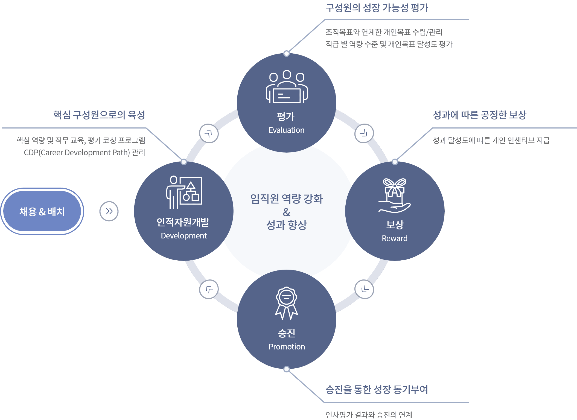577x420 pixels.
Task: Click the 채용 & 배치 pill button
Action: point(42,211)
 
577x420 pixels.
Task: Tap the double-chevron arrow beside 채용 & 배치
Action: point(109,211)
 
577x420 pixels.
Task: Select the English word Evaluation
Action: point(286,130)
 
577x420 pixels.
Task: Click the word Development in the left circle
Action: point(184,236)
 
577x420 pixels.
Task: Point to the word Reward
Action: point(395,238)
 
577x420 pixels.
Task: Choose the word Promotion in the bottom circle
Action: point(287,347)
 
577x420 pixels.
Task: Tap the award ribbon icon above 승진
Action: point(287,303)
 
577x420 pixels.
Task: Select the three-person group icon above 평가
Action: point(287,87)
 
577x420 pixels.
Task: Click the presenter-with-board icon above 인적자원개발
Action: point(184,192)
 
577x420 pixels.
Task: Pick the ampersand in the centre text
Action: point(287,212)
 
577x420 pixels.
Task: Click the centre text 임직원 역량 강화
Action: point(287,199)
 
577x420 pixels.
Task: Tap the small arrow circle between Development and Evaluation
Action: point(209,133)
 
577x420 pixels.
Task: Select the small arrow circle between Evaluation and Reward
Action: point(364,133)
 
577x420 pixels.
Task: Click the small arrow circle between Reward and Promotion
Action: point(364,289)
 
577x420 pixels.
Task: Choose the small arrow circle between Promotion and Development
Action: point(209,289)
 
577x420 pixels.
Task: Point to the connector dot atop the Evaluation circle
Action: point(287,54)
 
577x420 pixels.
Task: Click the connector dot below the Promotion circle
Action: point(287,369)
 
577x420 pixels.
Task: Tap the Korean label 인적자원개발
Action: point(183,222)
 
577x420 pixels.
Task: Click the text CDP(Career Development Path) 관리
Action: point(84,152)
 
